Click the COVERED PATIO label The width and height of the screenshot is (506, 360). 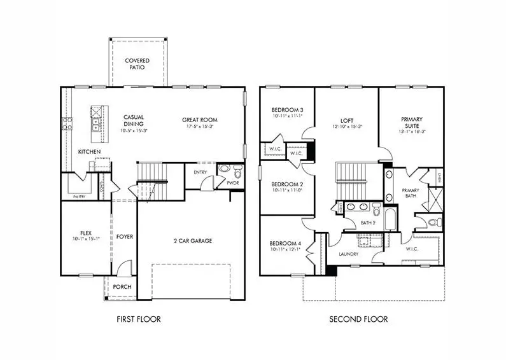[137, 64]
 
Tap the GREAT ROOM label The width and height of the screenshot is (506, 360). [200, 119]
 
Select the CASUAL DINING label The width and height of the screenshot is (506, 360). [134, 120]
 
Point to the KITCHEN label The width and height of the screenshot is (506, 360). [89, 152]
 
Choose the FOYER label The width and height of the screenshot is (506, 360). [125, 237]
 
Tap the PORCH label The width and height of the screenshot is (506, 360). [122, 287]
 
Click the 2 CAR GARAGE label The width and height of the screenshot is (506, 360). [192, 240]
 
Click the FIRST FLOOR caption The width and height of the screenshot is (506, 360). [138, 319]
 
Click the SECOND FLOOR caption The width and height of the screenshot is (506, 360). [358, 319]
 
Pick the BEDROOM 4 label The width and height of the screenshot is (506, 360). [286, 244]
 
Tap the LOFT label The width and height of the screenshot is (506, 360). [347, 119]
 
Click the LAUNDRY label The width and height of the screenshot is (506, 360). [349, 254]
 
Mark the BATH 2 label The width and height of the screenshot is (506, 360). [367, 223]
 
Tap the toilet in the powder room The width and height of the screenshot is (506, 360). [237, 172]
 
